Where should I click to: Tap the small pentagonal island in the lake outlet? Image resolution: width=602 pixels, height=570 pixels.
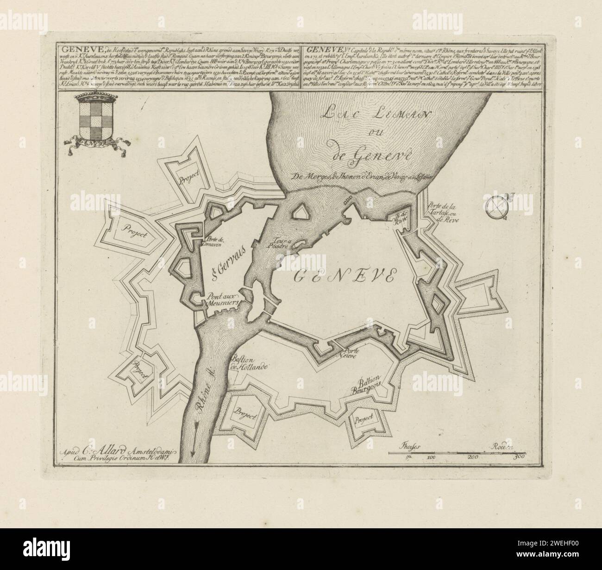(x=301, y=212)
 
